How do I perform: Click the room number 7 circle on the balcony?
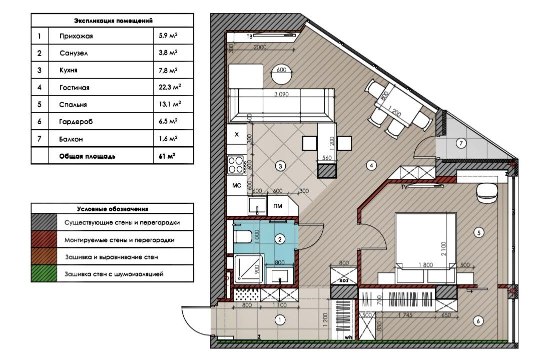coord(461,143)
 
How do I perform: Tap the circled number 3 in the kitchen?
coord(280,166)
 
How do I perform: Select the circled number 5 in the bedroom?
coord(479,232)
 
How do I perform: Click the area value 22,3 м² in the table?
coord(170,87)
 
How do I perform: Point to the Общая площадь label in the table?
coord(87,156)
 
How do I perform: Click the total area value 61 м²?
coord(167,156)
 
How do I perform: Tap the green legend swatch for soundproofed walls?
coord(44,274)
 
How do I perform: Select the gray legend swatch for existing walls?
coord(44,222)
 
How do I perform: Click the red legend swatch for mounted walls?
coord(44,239)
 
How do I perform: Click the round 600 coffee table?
coord(282,75)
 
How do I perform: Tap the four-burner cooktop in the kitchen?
coord(235,165)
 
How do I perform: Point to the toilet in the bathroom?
coord(242,237)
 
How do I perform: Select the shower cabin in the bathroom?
coord(249,269)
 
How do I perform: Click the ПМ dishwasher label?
coord(277,206)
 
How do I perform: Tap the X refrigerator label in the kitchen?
coord(237,134)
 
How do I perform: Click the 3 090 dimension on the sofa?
coord(282,94)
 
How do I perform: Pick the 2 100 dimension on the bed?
coord(443,249)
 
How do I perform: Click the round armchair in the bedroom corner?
coord(486,193)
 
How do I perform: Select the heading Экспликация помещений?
coord(113,21)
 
